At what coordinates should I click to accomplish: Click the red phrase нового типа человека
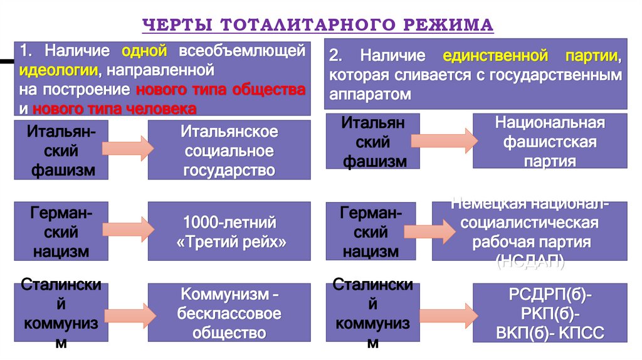pyautogui.click(x=114, y=109)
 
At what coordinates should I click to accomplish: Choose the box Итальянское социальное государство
pyautogui.click(x=229, y=151)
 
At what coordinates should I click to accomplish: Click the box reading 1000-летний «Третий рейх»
pyautogui.click(x=229, y=231)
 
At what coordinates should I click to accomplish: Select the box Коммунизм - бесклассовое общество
pyautogui.click(x=229, y=313)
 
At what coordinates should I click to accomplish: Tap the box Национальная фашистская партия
pyautogui.click(x=550, y=141)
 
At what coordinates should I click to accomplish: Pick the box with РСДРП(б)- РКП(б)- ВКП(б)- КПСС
pyautogui.click(x=550, y=313)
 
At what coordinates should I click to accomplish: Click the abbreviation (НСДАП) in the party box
pyautogui.click(x=531, y=262)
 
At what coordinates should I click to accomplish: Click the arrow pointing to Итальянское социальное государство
pyautogui.click(x=127, y=148)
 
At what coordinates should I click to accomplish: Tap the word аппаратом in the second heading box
pyautogui.click(x=368, y=95)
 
